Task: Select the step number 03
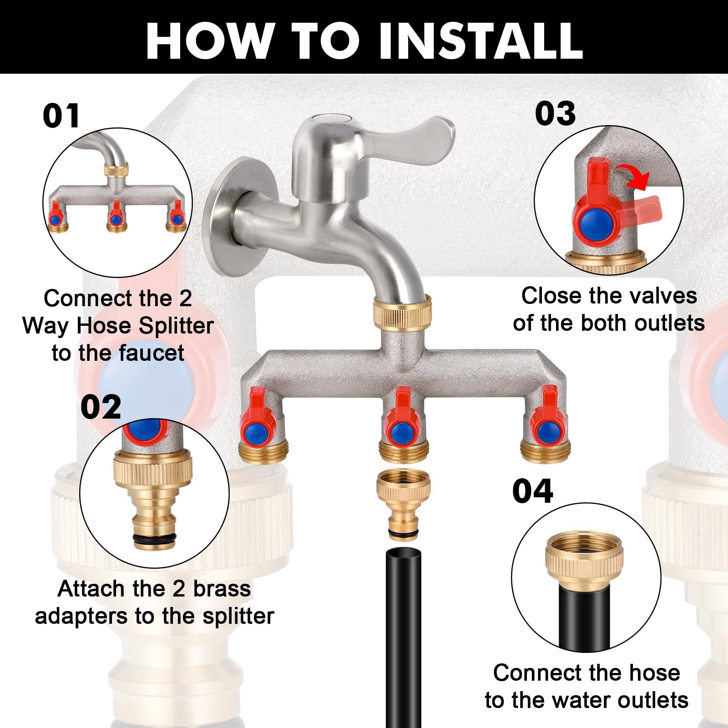point(555,113)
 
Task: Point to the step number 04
point(532,491)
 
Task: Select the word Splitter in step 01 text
point(177,326)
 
